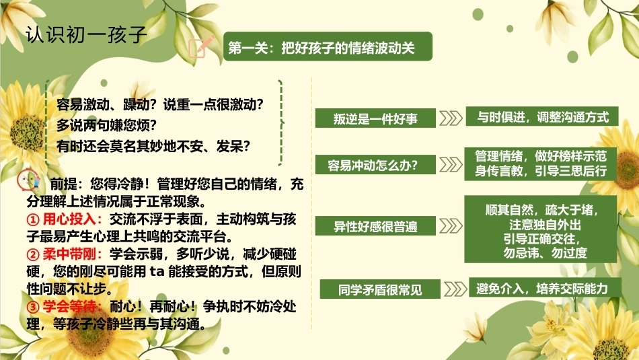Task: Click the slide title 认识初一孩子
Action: pos(86,35)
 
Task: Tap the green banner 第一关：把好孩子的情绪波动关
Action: pos(328,46)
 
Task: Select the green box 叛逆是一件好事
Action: pos(375,118)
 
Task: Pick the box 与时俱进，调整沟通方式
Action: pos(542,116)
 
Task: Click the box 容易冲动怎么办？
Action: pos(375,165)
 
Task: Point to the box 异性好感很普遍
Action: pos(375,226)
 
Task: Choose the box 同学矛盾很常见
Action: pos(380,289)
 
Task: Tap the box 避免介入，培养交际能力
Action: pos(546,288)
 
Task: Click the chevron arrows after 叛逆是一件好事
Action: pos(451,118)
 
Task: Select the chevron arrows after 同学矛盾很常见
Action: pos(455,289)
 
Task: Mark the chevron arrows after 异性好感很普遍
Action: pos(451,226)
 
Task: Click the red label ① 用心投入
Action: pos(64,219)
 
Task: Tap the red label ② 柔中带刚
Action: pos(64,254)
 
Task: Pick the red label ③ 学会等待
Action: pos(64,307)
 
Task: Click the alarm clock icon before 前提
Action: pos(28,180)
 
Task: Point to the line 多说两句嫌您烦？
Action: pos(106,125)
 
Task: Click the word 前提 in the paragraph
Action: pos(63,184)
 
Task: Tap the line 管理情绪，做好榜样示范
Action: pos(541,156)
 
